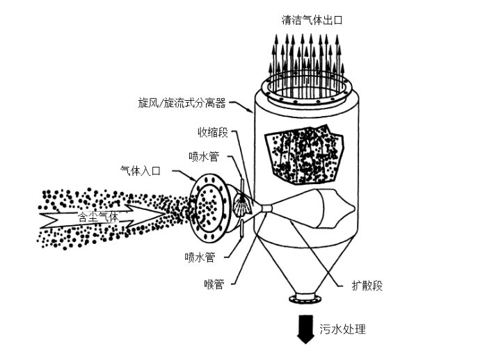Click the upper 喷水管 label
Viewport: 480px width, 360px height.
204,156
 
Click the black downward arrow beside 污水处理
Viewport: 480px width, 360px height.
304,329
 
